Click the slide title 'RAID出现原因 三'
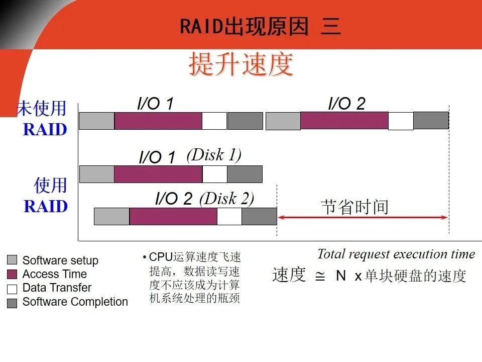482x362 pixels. (x=260, y=26)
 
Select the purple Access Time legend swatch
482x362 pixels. (x=13, y=275)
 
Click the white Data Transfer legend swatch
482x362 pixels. (x=13, y=289)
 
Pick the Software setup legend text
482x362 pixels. (x=60, y=260)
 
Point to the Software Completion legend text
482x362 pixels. (x=75, y=302)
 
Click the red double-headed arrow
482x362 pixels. (x=362, y=217)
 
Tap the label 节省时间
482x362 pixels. (x=355, y=206)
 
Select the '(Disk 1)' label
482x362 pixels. (x=214, y=155)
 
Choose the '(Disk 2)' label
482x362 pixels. (x=227, y=199)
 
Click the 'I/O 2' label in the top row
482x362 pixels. (x=346, y=104)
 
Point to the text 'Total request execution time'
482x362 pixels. (x=396, y=254)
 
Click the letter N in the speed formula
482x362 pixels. (x=341, y=276)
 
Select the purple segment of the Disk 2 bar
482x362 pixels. (x=173, y=216)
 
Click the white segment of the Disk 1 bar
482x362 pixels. (x=214, y=174)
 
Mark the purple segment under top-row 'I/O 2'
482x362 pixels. (x=344, y=121)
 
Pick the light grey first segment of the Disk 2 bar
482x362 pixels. (x=111, y=216)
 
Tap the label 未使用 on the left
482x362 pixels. (x=42, y=109)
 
